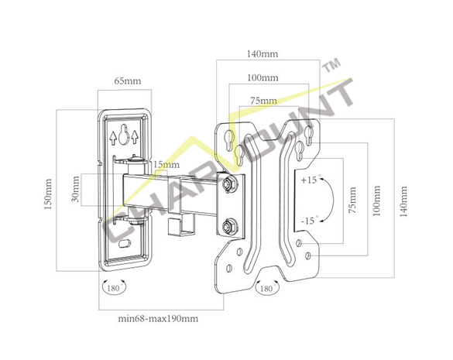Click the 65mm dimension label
(128, 81)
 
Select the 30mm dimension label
(75, 189)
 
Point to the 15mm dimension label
(166, 165)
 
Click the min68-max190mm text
(158, 319)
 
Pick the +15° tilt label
(310, 180)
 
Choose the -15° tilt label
(310, 221)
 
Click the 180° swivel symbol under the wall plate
(114, 287)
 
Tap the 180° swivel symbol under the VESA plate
(267, 287)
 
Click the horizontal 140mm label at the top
(263, 53)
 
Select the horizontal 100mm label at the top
(263, 77)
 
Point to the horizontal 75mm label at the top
(264, 101)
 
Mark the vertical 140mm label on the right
(403, 201)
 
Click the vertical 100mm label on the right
(376, 201)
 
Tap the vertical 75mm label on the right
(352, 201)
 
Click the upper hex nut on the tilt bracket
(229, 184)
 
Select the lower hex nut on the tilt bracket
(229, 227)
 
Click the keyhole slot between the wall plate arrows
(124, 135)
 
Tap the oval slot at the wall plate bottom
(125, 244)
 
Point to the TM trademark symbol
(331, 65)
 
